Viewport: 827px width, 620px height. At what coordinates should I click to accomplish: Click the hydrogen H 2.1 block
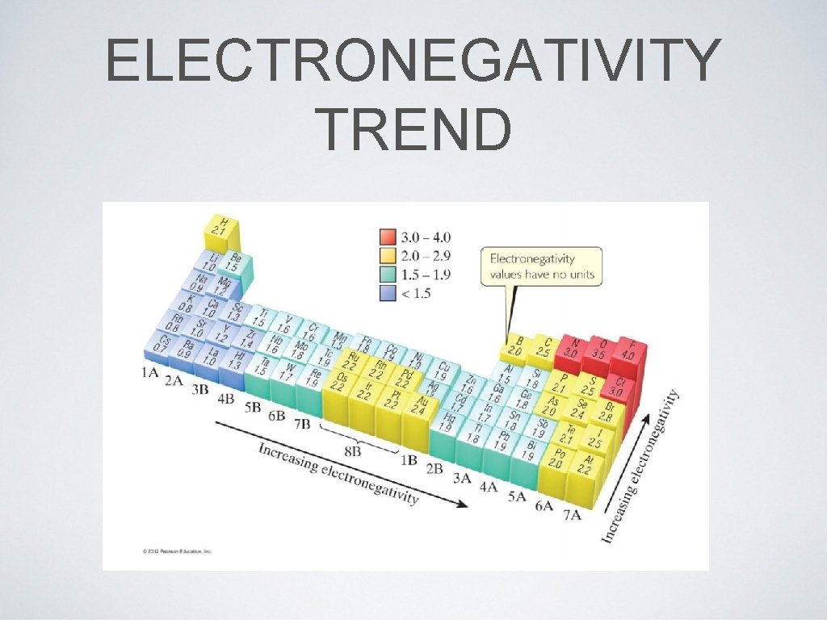[219, 227]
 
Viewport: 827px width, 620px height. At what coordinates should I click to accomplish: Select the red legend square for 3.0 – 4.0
[388, 237]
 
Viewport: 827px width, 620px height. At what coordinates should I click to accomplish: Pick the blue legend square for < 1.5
[388, 293]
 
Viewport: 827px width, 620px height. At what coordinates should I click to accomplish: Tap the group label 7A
[571, 514]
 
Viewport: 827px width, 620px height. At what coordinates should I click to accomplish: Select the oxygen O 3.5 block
[598, 349]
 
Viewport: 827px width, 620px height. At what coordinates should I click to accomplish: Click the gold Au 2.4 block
[420, 405]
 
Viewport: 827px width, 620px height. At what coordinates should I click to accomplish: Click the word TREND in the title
[413, 129]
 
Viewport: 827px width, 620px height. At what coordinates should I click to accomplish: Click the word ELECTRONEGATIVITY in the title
[413, 61]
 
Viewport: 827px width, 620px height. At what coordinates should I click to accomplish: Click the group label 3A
[461, 477]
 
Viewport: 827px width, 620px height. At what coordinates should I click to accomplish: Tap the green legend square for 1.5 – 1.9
[388, 274]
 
